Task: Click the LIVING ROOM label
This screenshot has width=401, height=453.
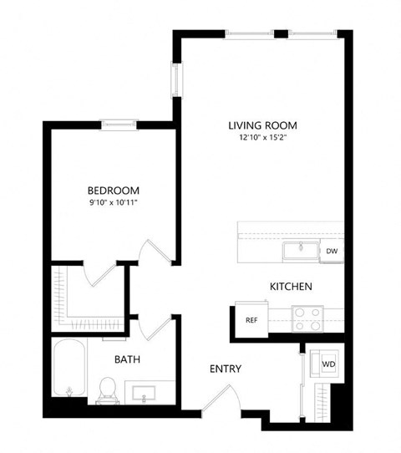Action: pos(262,125)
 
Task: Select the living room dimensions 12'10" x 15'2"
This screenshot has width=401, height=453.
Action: pos(262,139)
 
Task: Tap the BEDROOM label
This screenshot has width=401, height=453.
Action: pos(114,191)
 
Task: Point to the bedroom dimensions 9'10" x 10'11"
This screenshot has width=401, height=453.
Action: pos(114,203)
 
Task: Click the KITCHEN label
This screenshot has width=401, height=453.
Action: pos(291,287)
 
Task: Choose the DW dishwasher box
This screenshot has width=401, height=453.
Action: pos(332,251)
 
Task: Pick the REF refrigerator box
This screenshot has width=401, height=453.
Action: pos(250,319)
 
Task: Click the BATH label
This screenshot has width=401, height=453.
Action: pos(127,359)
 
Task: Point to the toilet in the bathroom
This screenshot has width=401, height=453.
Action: pos(107,387)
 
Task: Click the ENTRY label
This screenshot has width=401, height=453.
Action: pos(226,369)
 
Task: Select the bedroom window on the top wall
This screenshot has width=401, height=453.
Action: pos(119,125)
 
